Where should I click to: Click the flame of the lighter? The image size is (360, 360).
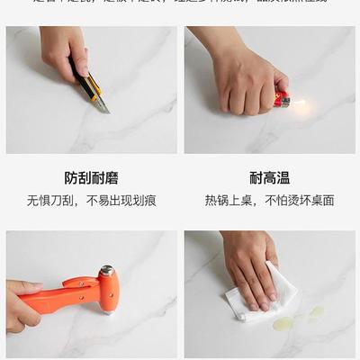(298, 104)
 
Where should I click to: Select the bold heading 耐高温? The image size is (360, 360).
(269, 178)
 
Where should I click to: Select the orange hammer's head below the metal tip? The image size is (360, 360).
(108, 292)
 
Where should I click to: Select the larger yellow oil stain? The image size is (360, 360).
(283, 322)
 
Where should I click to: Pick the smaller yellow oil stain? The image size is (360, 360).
(316, 310)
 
